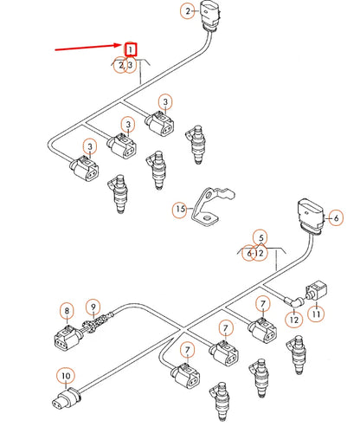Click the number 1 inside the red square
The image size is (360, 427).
(x=131, y=49)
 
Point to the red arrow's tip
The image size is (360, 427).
(x=124, y=45)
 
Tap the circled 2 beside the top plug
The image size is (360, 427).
(x=188, y=11)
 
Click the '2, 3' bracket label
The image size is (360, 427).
(x=125, y=65)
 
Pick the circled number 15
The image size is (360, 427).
(x=180, y=209)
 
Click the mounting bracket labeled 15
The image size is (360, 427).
(x=212, y=206)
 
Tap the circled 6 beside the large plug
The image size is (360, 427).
(x=336, y=218)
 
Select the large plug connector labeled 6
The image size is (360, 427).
(x=311, y=216)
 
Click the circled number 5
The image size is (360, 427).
(x=260, y=238)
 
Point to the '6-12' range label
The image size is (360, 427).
(x=255, y=253)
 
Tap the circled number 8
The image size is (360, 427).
(x=67, y=311)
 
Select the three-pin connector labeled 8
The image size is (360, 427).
(x=67, y=337)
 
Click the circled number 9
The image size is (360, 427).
(x=93, y=307)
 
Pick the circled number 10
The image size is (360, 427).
(x=66, y=376)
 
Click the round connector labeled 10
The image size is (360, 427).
(x=66, y=398)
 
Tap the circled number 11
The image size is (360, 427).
(x=317, y=314)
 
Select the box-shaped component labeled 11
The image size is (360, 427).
(x=317, y=291)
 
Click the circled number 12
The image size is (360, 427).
(x=294, y=320)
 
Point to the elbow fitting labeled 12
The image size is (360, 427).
(x=293, y=302)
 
